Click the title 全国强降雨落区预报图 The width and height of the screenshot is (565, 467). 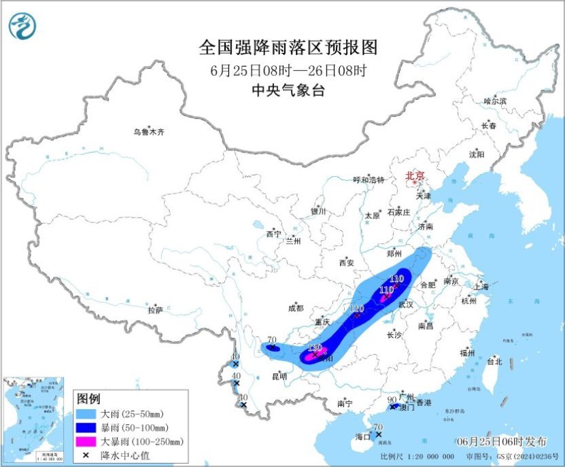click(x=288, y=47)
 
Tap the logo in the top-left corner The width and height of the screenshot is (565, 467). click(x=22, y=26)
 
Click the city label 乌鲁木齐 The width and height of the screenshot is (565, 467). click(x=148, y=132)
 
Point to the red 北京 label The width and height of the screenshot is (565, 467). click(x=415, y=175)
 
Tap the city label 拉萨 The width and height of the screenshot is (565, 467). click(x=155, y=310)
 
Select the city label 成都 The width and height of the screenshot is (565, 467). click(x=296, y=308)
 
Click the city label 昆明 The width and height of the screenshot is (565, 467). click(x=279, y=375)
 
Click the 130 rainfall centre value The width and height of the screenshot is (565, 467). click(x=314, y=347)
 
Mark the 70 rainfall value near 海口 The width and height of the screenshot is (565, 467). click(x=379, y=427)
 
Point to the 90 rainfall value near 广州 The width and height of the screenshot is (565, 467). click(x=392, y=400)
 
